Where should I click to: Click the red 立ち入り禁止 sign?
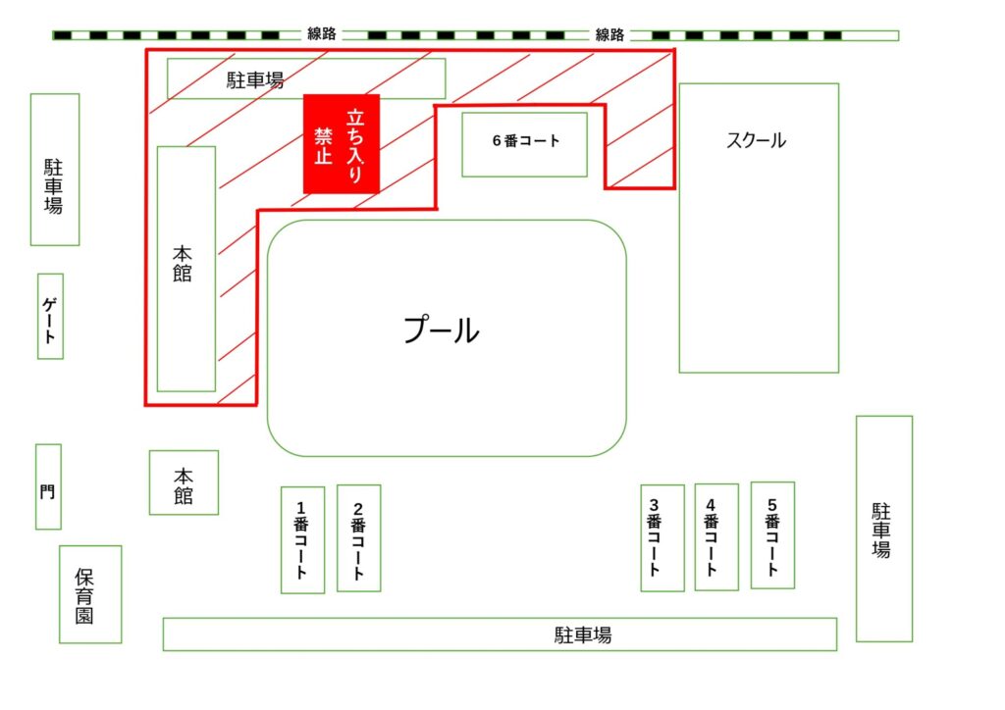(x=342, y=144)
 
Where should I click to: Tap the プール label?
(x=441, y=330)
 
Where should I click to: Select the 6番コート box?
(x=524, y=145)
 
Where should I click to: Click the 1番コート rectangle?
(x=302, y=539)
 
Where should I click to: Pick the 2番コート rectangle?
(x=359, y=537)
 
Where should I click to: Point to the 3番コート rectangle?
(x=662, y=537)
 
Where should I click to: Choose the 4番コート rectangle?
(x=716, y=536)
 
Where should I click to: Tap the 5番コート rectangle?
(x=773, y=535)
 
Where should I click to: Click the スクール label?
(x=757, y=140)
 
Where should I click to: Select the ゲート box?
(x=51, y=317)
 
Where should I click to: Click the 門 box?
(x=49, y=486)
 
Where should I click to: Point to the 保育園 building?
(x=90, y=594)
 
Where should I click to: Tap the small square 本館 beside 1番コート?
(x=184, y=482)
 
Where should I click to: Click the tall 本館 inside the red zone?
(x=186, y=269)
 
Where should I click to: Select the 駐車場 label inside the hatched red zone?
(x=255, y=80)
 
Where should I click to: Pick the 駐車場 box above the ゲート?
(x=55, y=170)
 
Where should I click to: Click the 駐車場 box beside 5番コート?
(x=884, y=529)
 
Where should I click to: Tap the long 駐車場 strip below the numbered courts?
(x=500, y=634)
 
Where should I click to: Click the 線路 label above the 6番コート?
(x=609, y=34)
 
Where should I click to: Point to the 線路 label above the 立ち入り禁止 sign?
(x=322, y=34)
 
